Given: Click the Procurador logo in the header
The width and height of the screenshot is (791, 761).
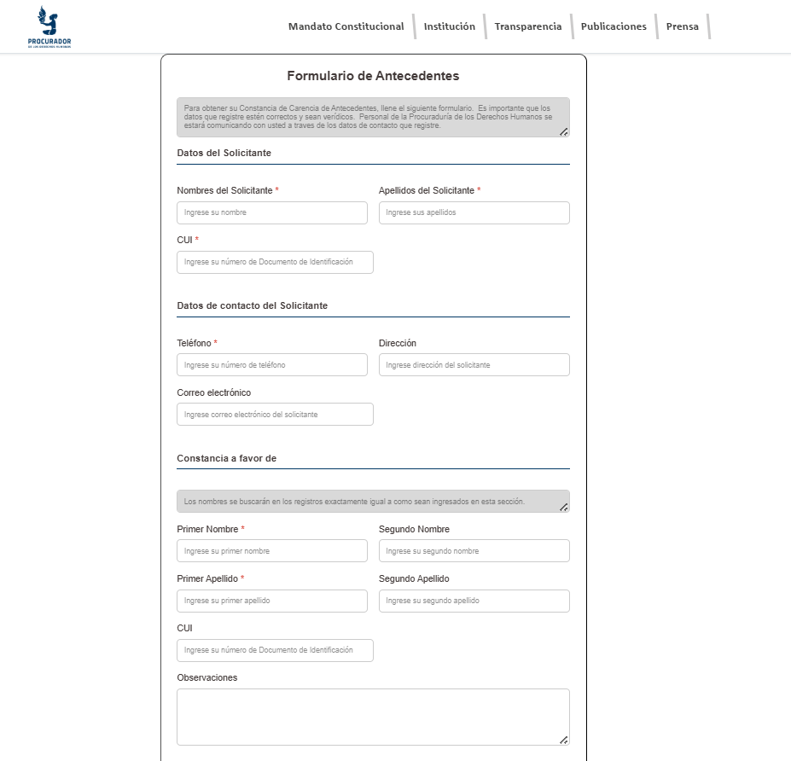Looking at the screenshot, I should [49, 26].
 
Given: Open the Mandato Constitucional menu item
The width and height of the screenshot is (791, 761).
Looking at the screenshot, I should [346, 26].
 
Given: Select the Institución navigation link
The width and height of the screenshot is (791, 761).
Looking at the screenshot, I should [449, 26].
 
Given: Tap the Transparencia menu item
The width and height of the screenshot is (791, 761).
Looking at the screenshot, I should [528, 26].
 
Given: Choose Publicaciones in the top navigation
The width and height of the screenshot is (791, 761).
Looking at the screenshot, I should [614, 26].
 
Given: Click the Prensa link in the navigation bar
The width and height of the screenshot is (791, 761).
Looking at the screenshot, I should [682, 26].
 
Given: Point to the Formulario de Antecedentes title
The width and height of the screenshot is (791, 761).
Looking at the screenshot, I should [373, 76].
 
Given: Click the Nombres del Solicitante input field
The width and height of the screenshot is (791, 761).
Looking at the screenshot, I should [272, 212].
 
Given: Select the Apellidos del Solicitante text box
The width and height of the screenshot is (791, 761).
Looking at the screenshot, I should [474, 212].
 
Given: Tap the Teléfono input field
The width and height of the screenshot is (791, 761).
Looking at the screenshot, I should [272, 364].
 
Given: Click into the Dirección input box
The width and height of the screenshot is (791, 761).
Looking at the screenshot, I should [474, 364].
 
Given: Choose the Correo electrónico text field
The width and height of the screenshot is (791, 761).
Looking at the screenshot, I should [275, 414].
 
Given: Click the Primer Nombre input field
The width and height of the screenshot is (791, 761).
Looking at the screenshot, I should [272, 550].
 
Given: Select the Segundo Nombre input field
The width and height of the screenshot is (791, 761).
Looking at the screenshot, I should [474, 550].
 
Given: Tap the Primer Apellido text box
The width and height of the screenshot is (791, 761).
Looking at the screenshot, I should [272, 601].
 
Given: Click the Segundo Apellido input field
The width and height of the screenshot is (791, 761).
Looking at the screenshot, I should [474, 601].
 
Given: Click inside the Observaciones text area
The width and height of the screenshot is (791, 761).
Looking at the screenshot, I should [373, 717].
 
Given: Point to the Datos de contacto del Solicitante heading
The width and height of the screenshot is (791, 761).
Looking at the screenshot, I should [253, 305].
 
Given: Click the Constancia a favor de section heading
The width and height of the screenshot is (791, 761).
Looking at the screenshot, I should [226, 458].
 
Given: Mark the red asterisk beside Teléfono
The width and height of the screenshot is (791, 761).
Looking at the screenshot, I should [215, 343].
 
